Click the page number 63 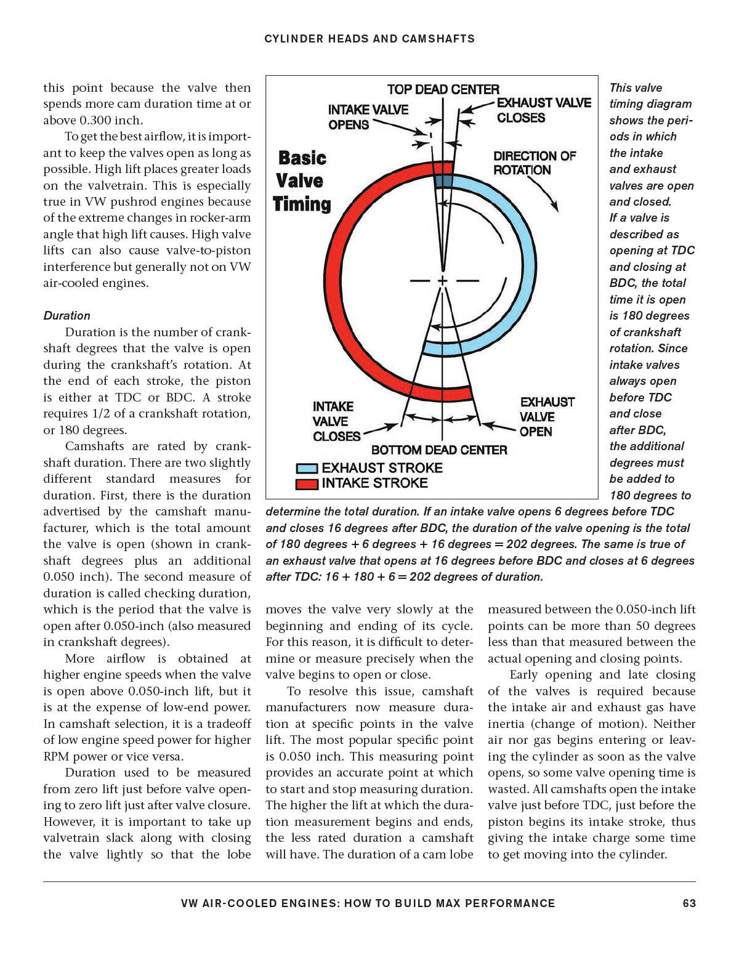click(x=689, y=903)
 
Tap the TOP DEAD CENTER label click(x=443, y=89)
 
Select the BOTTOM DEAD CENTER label click(x=439, y=450)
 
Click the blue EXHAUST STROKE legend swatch click(x=307, y=469)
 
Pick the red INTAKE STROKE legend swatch click(x=307, y=484)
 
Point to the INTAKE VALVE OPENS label click(x=368, y=117)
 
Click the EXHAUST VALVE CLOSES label click(x=543, y=110)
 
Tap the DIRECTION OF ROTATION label click(x=534, y=163)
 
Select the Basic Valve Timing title click(x=302, y=181)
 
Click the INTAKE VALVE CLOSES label click(x=336, y=421)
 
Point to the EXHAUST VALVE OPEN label click(x=547, y=417)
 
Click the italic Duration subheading click(x=67, y=315)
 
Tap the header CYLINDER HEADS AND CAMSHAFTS click(x=369, y=39)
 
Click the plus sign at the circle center click(x=442, y=280)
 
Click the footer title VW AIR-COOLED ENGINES click(x=368, y=903)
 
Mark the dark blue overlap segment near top click(x=443, y=181)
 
